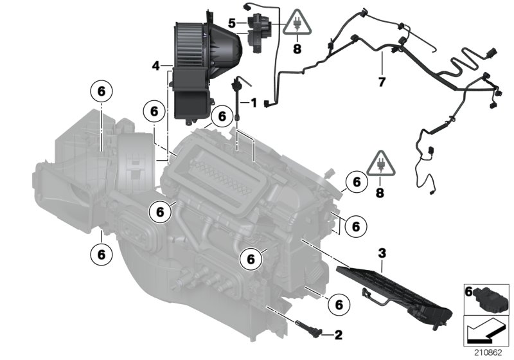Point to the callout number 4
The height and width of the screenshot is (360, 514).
click(156, 66)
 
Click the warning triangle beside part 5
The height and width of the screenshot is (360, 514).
click(296, 24)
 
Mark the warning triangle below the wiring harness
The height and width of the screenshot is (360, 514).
click(381, 166)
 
